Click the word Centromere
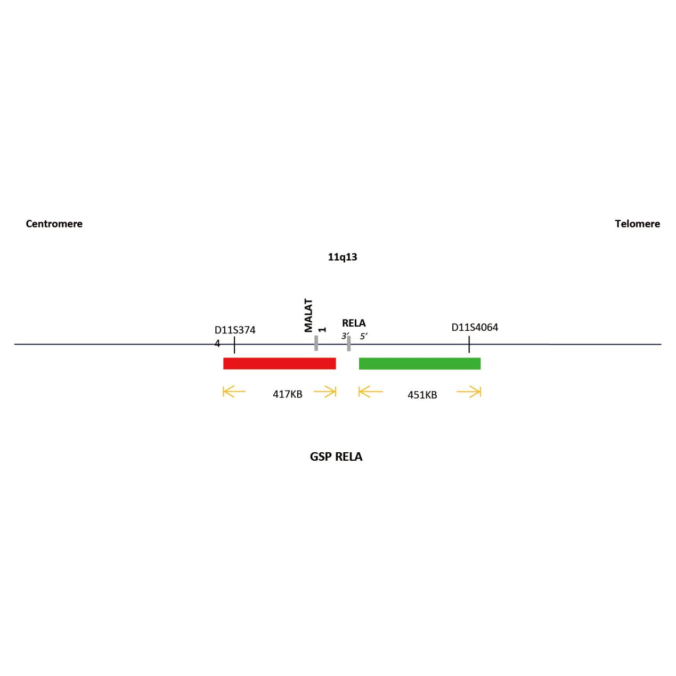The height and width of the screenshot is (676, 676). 54,224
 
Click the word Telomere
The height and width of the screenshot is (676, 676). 637,224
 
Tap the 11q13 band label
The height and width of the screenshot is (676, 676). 343,257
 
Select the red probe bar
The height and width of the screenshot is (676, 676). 280,363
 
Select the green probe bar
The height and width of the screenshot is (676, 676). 420,363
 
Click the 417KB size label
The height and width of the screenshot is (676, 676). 287,394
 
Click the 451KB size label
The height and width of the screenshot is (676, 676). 422,395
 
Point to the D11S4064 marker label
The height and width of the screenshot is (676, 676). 475,327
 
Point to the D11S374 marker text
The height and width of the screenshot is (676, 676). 235,330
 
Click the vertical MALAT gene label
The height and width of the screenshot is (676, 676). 308,315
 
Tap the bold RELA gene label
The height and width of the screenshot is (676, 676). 354,323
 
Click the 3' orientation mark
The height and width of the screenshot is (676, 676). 345,336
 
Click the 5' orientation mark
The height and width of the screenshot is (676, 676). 363,336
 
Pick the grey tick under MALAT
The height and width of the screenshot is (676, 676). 316,343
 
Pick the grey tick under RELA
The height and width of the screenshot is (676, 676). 349,344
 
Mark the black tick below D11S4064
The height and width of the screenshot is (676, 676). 469,344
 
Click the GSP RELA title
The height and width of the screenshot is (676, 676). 336,457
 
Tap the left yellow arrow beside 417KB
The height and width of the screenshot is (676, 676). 234,392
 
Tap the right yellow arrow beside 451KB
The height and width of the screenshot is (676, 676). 469,392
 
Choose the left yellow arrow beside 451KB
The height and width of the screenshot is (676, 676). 370,392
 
